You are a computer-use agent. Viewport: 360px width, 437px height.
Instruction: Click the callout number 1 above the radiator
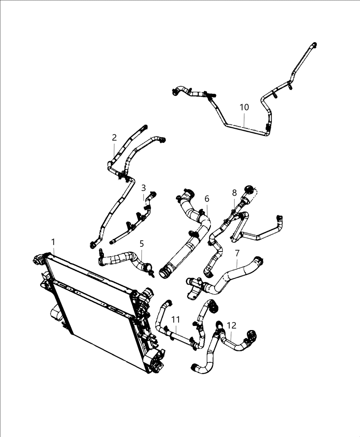point(53,242)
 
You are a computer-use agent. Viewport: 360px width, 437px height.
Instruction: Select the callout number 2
point(114,138)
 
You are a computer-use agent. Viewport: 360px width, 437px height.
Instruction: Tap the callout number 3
point(144,188)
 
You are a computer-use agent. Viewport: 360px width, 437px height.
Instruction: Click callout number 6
point(207,199)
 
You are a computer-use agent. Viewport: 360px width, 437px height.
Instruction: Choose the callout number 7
point(237,253)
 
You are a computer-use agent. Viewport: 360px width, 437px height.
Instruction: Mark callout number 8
point(234,193)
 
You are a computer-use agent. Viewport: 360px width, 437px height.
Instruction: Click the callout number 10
point(244,107)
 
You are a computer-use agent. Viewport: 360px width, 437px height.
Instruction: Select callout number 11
point(176,319)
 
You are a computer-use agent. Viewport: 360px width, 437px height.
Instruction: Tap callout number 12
point(231,325)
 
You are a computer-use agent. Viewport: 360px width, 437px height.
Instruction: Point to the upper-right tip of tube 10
point(313,45)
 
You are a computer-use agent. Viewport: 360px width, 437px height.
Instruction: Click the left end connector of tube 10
point(175,91)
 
